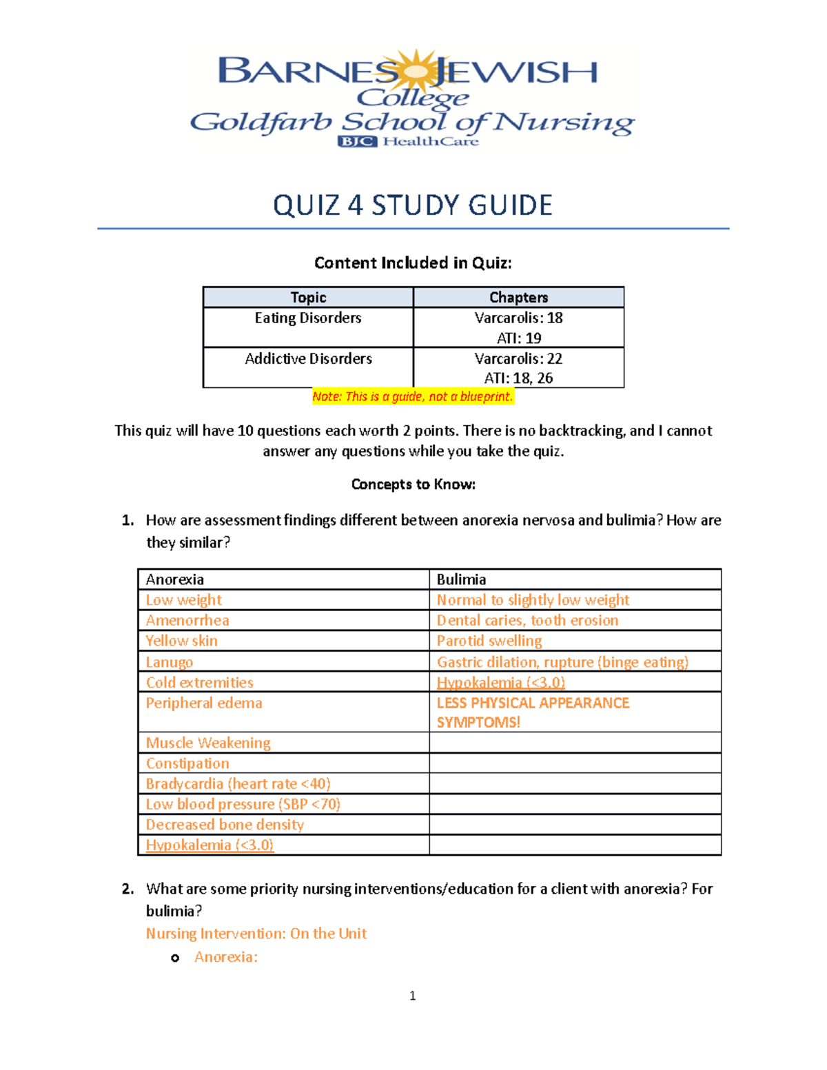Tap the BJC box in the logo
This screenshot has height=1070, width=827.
(x=357, y=141)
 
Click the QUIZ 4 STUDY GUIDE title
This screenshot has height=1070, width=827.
(x=413, y=205)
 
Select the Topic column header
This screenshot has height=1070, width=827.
(x=308, y=297)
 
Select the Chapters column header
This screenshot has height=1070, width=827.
(x=518, y=297)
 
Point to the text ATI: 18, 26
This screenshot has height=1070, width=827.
(x=518, y=378)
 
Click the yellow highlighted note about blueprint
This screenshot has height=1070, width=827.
(x=413, y=397)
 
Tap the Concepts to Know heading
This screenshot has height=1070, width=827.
(x=413, y=484)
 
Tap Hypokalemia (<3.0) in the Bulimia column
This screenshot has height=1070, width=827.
(x=501, y=683)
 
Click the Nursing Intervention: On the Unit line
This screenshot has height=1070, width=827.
(x=256, y=934)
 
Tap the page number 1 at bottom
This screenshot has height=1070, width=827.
(x=412, y=996)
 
